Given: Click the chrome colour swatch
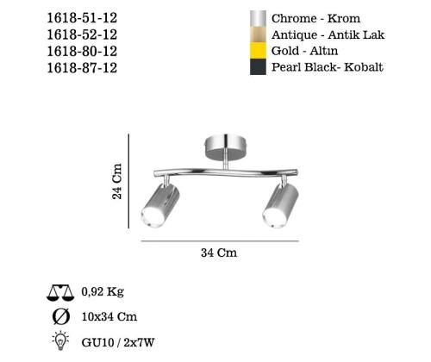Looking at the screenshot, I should click(257, 19).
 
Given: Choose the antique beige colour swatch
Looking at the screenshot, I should click(257, 34).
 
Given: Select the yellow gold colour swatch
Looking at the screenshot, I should click(257, 51).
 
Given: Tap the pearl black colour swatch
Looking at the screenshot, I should click(257, 67).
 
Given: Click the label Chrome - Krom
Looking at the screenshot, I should click(315, 19).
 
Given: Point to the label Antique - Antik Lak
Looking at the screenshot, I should click(328, 34).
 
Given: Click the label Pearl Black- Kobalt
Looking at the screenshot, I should click(328, 67).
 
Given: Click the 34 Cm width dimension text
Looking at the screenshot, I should click(218, 253).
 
